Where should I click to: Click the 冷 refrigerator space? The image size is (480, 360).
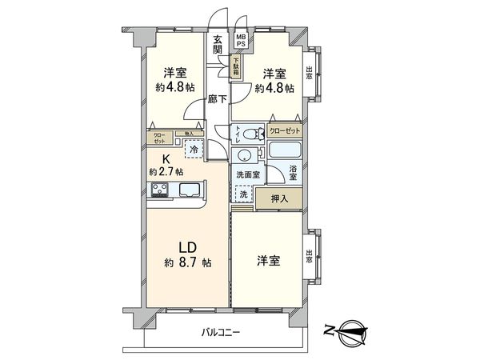pos(193,147)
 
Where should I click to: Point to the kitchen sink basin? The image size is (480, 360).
pos(190,190)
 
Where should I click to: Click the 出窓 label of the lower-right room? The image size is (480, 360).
pos(310,256)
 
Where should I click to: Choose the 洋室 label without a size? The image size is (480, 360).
pos(269,261)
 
